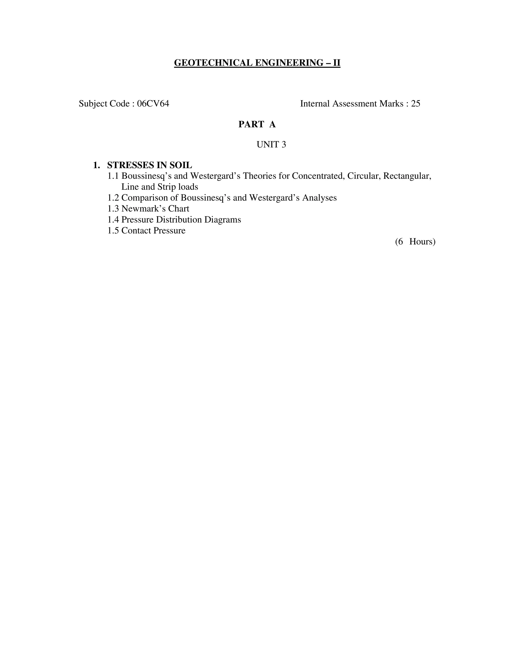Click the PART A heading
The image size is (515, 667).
click(x=257, y=124)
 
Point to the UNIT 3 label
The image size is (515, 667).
click(x=271, y=144)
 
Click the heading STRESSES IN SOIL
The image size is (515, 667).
click(x=150, y=165)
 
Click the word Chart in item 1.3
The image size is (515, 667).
click(x=179, y=209)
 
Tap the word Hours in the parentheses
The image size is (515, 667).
click(x=422, y=242)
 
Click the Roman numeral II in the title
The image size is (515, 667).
click(x=336, y=63)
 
